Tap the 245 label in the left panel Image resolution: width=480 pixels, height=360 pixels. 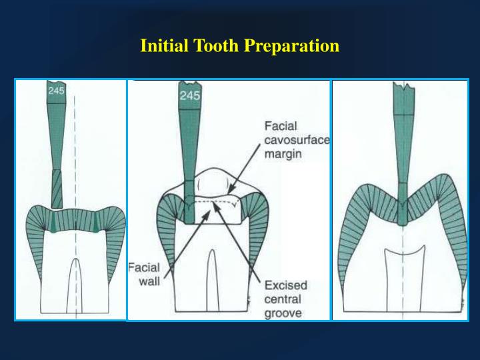pyautogui.click(x=56, y=91)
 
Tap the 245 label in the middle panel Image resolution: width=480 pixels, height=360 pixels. pyautogui.click(x=190, y=95)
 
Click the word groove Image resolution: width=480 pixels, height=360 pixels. pyautogui.click(x=283, y=313)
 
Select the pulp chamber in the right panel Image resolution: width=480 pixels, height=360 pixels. pyautogui.click(x=405, y=267)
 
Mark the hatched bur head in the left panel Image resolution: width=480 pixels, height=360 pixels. pyautogui.click(x=57, y=188)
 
